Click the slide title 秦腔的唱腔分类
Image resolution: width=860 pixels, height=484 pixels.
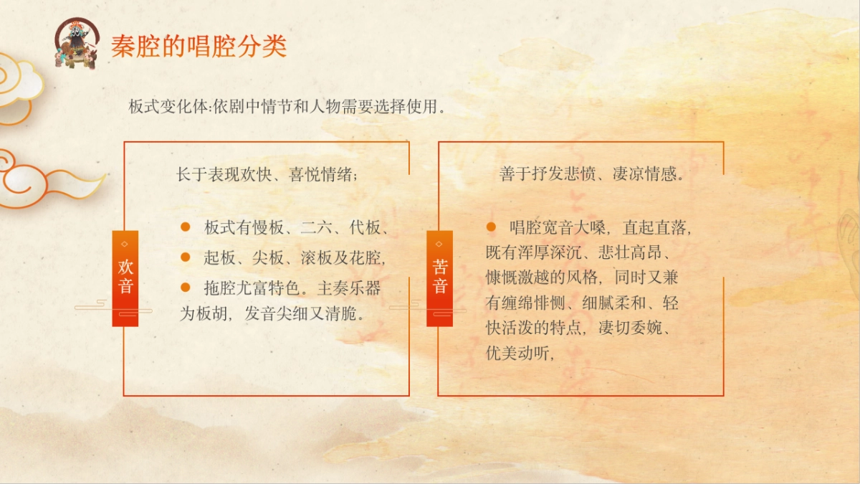coord(199,46)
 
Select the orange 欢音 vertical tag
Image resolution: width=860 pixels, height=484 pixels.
coord(125,277)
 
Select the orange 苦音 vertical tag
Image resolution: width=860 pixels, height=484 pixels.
coord(439,277)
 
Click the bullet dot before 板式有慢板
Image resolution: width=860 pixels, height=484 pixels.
coord(185,227)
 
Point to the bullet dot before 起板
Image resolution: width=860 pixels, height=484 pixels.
coord(185,257)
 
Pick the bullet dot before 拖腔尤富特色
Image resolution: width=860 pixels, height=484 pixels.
coord(185,287)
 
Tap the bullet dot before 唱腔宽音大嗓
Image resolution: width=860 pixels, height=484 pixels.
coord(491,227)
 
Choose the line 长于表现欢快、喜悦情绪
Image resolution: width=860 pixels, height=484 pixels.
coord(267,174)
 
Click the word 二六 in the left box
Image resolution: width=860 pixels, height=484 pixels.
coord(316,229)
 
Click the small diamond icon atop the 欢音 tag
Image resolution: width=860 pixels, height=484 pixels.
coord(125,244)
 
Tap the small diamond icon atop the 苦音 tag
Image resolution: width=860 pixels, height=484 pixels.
coord(439,244)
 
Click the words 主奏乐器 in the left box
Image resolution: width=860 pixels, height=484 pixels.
coord(349,288)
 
